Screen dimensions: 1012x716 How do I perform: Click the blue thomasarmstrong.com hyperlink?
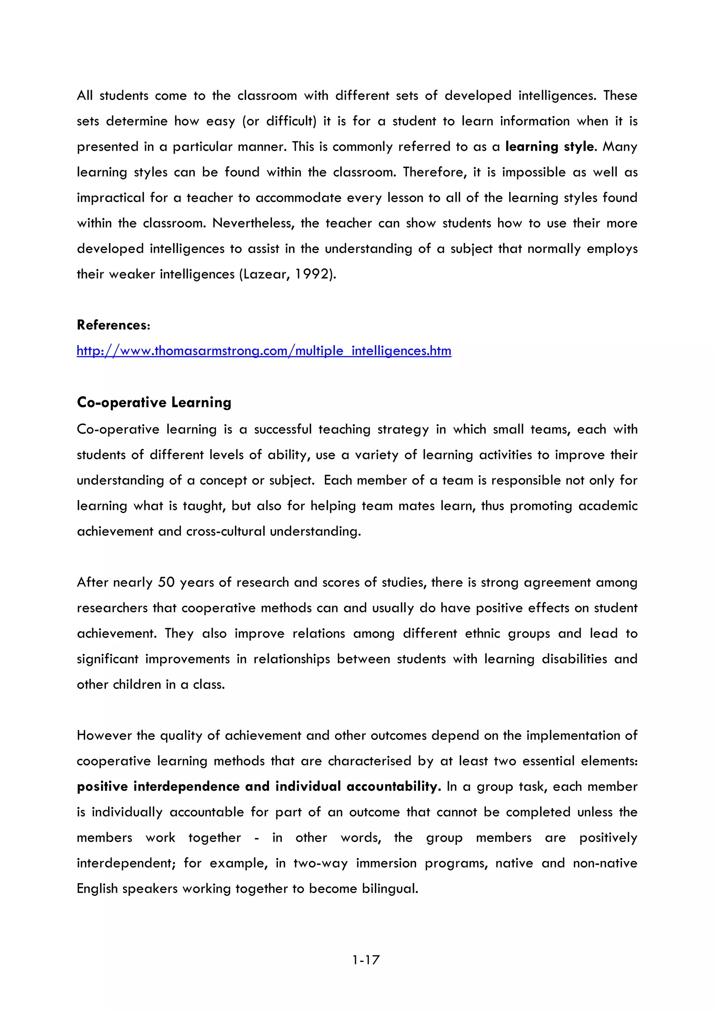264,351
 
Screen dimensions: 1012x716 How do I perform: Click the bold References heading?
113,325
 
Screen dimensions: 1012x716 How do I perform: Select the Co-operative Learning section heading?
154,402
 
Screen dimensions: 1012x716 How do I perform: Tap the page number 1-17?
366,960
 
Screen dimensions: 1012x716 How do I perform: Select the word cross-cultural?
225,531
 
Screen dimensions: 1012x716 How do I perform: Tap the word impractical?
110,198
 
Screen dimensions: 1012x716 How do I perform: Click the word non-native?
605,863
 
